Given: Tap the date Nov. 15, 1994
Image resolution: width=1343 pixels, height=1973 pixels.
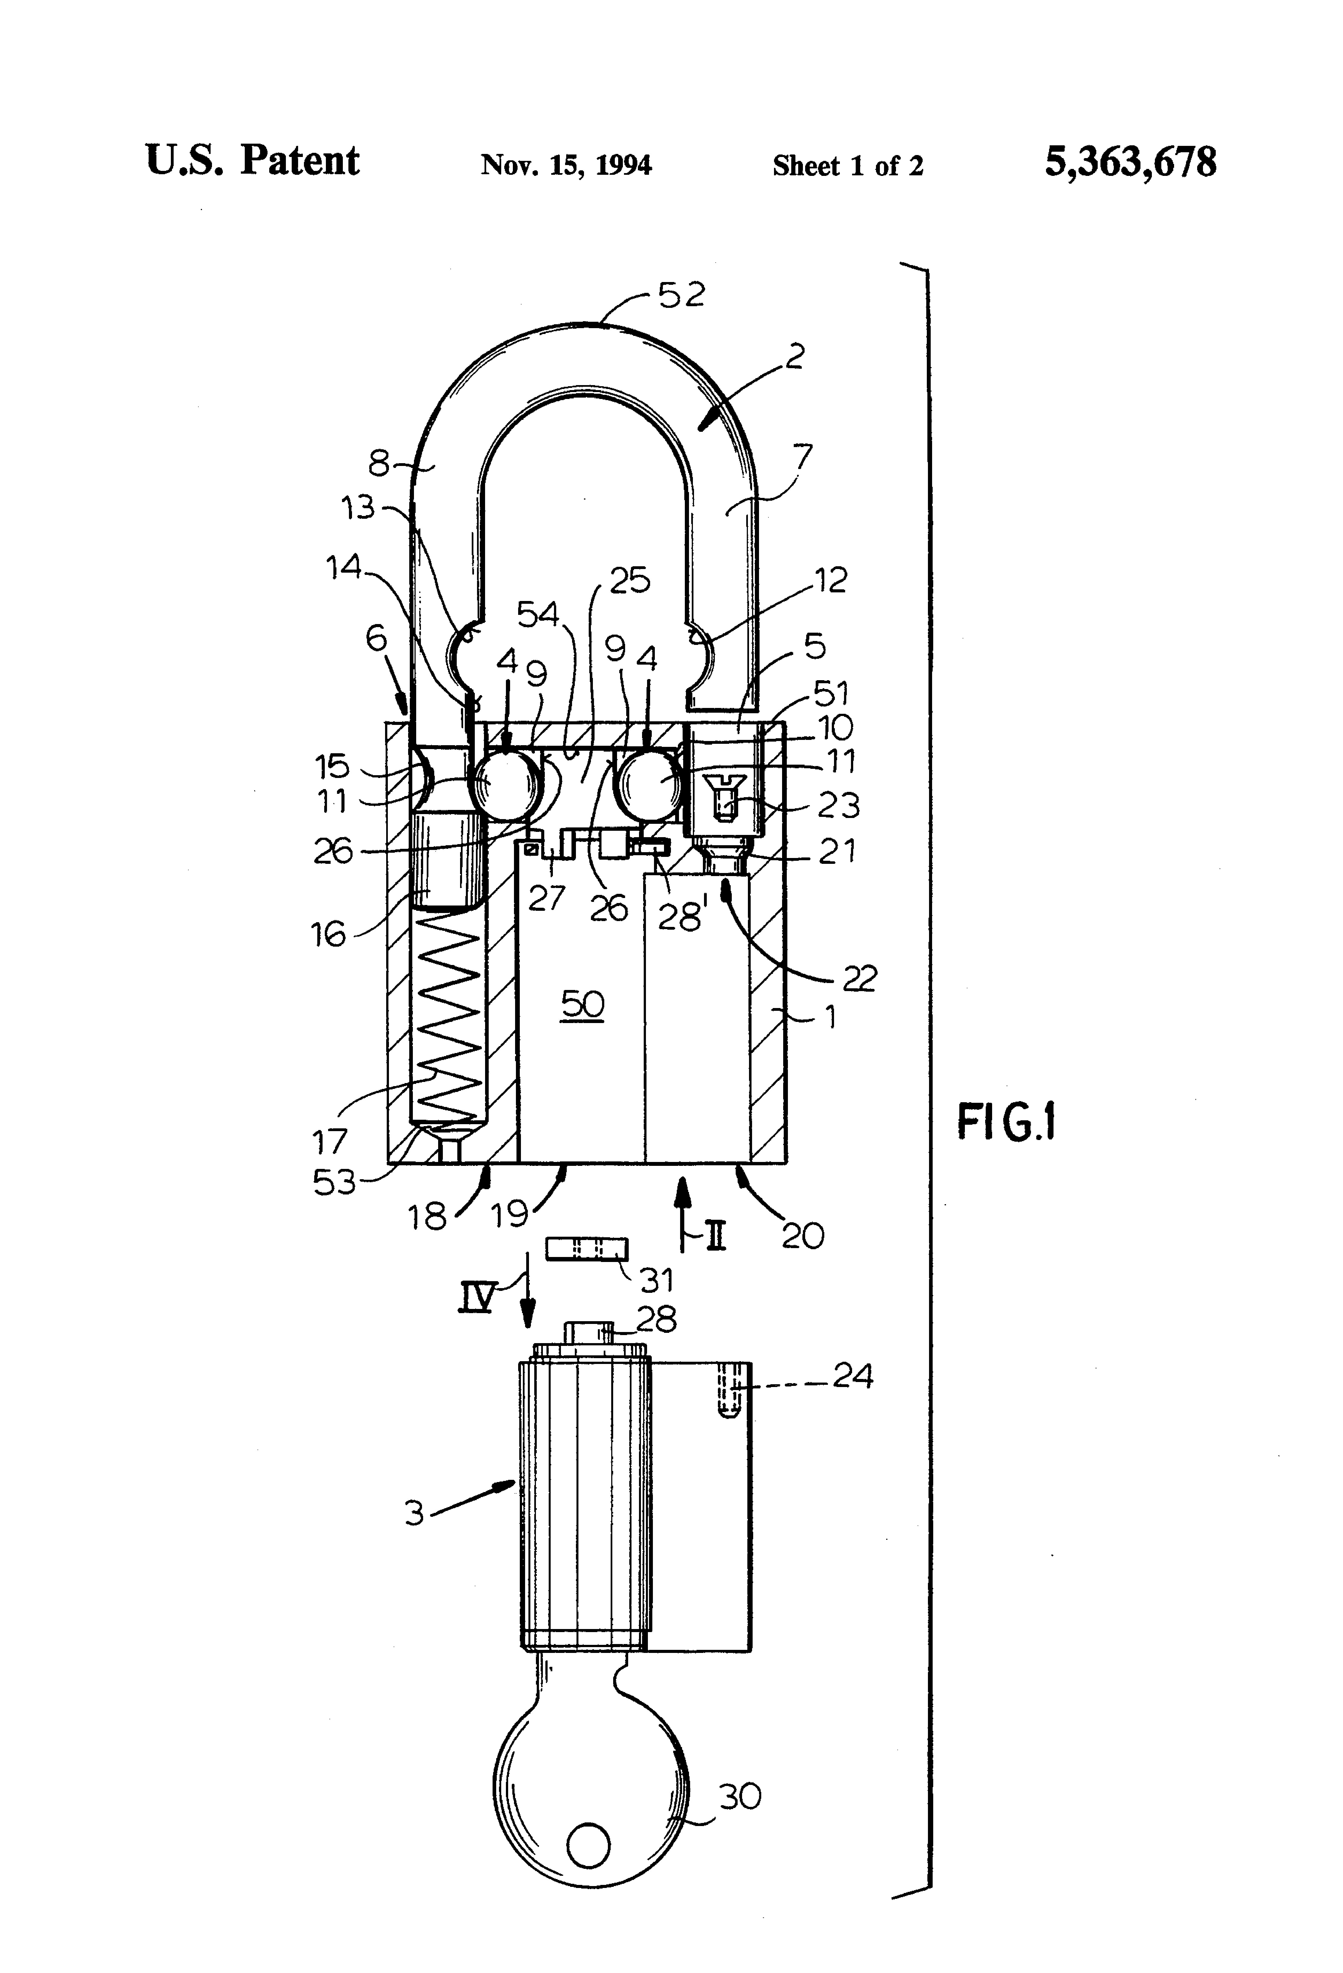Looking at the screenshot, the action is click(566, 165).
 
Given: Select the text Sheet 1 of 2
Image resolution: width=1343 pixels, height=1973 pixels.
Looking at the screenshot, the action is click(847, 166).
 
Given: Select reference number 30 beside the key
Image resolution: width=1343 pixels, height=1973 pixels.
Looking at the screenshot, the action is click(739, 1796).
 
